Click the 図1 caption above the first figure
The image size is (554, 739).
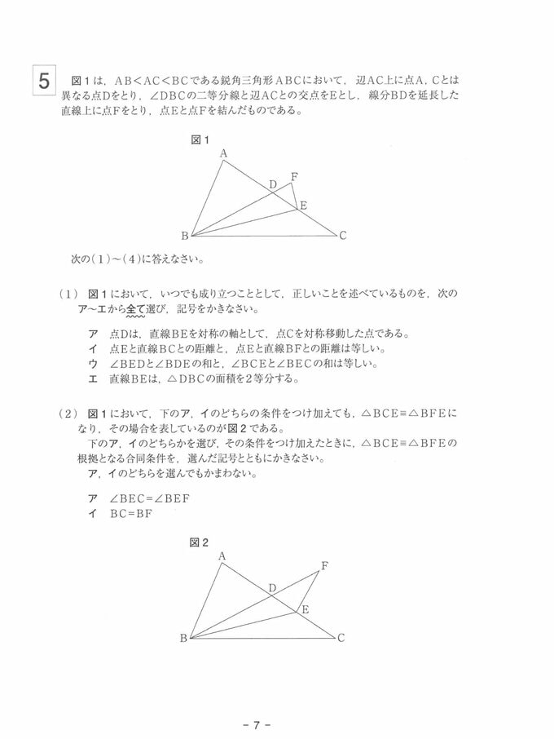point(200,139)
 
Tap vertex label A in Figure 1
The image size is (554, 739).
point(223,153)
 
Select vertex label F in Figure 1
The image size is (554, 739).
point(294,176)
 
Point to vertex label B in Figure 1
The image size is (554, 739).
point(184,237)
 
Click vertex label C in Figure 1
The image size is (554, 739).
point(343,236)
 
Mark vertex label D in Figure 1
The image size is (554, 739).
point(273,184)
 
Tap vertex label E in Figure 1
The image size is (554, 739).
point(303,206)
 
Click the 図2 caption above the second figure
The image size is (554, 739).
point(200,542)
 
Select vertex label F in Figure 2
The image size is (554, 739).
point(325,565)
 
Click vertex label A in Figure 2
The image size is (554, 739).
point(222,555)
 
